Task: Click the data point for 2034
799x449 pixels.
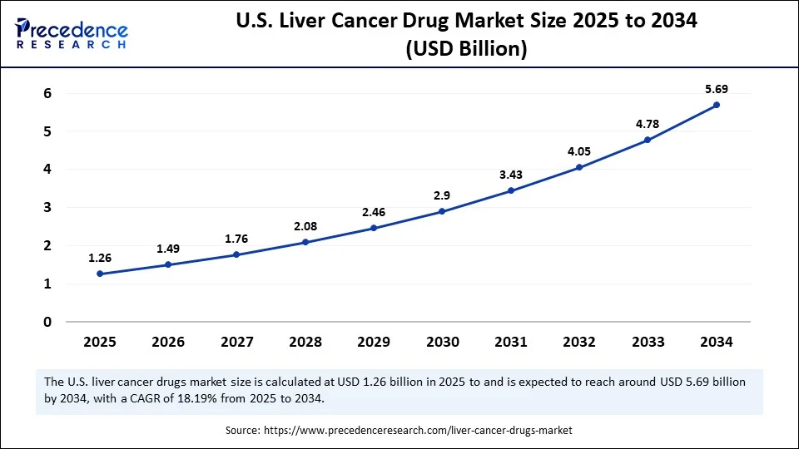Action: coord(716,105)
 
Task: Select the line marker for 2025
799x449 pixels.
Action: coord(100,274)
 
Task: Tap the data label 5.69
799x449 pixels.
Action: coord(716,88)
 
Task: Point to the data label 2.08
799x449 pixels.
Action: coord(305,225)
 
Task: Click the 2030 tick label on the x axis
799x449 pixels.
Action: coord(442,342)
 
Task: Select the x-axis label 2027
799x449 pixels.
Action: coord(236,342)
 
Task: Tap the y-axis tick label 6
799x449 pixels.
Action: coord(47,93)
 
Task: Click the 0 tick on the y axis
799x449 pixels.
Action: coord(47,322)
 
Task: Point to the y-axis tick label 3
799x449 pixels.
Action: coord(47,207)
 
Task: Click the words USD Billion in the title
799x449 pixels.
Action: coord(466,50)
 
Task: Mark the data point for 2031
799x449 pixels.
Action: coord(511,190)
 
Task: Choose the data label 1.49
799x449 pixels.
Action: coord(168,248)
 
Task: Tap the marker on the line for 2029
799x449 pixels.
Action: coord(374,228)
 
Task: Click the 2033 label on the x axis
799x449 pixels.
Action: coord(648,342)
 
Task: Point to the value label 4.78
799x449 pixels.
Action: coord(648,123)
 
